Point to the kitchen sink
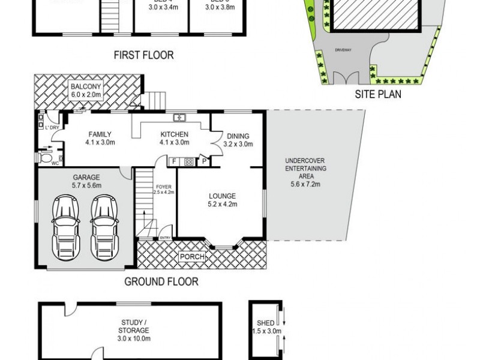pyautogui.click(x=178, y=117)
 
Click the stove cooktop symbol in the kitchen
pyautogui.click(x=188, y=161)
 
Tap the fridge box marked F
pyautogui.click(x=174, y=161)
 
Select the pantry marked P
pyautogui.click(x=204, y=161)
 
